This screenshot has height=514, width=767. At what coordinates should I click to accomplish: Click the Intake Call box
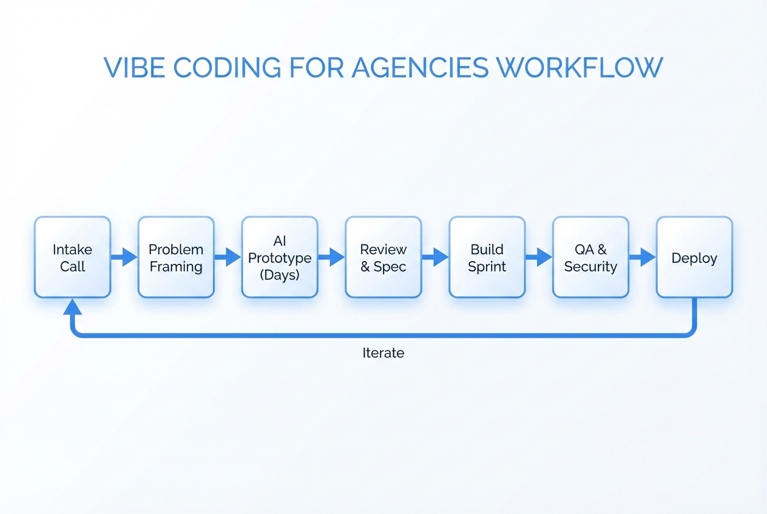pos(72,258)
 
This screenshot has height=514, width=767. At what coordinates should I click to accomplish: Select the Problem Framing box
pos(176,258)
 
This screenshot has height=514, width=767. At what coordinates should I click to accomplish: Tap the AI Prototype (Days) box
pos(280,258)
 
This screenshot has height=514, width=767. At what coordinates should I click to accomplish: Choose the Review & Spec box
pos(383,258)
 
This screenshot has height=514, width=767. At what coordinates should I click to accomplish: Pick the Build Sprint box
pos(487,258)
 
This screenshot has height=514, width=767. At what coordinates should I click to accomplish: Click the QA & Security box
pos(590,258)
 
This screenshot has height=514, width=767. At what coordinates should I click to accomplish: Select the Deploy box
pos(694,258)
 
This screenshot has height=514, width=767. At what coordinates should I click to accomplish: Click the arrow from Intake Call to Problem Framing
pos(124,257)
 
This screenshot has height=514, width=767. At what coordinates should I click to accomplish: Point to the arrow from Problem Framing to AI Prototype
pos(228,257)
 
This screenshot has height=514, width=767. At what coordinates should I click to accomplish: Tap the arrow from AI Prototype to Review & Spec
pos(332,257)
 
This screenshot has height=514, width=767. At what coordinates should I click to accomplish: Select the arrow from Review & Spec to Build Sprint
pos(435,257)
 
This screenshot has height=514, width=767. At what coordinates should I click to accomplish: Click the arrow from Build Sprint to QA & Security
pos(539,257)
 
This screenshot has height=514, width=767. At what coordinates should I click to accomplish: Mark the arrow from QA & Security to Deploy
pos(643,257)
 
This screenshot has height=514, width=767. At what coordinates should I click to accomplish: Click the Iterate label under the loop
pos(383,353)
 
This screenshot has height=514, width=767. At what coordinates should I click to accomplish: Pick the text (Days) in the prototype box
pos(280,275)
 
